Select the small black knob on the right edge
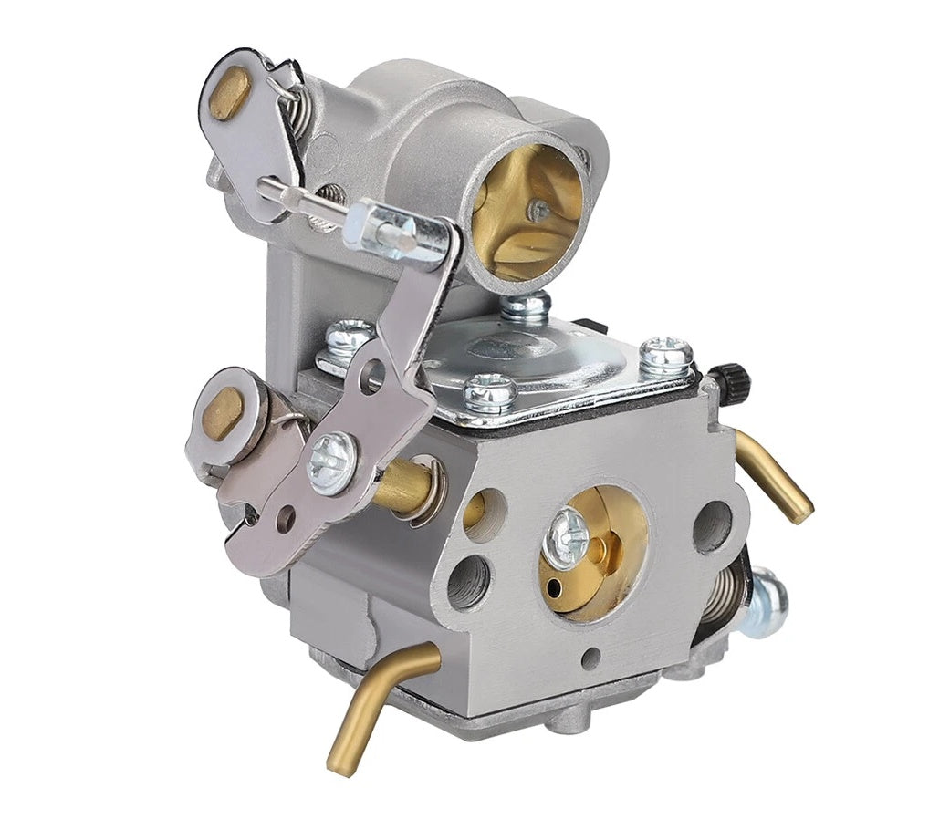coord(729,375)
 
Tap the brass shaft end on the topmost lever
coord(228,94)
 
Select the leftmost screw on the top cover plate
coord(350,340)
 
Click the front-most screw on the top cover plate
coord(490,393)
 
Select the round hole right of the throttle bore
coord(711,526)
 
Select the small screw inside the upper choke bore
coord(540,211)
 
